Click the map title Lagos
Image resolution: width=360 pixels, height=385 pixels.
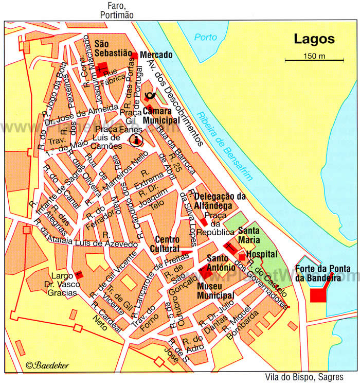point(314,39)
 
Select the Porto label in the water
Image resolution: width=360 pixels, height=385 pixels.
point(206,38)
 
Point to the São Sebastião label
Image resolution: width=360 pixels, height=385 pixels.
point(109,48)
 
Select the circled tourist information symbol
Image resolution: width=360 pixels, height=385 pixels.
point(136,139)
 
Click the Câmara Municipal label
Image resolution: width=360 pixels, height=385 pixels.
point(161,115)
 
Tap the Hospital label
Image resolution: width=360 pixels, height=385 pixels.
point(262,254)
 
